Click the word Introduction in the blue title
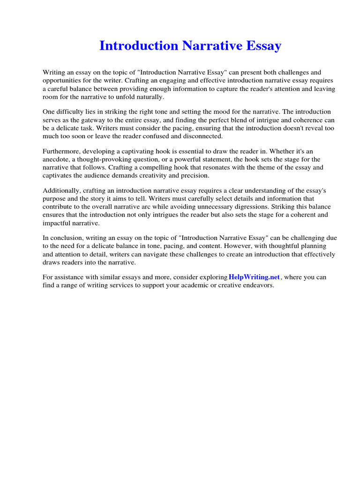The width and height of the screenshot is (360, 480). [138, 46]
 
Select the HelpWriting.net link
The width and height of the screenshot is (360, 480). [254, 277]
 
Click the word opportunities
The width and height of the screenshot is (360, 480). [62, 81]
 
